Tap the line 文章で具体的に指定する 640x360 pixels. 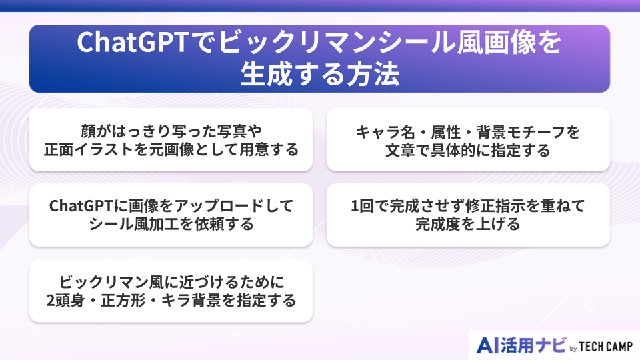click(467, 150)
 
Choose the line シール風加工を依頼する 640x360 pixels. click(171, 225)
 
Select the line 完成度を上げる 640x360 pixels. click(467, 225)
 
